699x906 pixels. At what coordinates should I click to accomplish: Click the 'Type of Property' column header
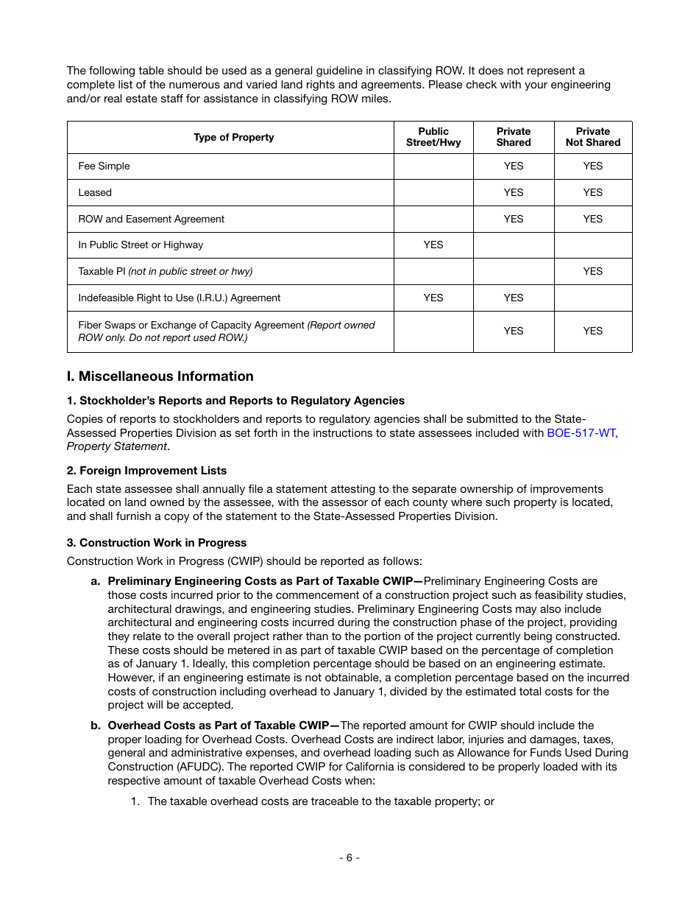pos(233,137)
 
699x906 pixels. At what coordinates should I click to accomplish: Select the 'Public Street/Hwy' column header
pos(433,137)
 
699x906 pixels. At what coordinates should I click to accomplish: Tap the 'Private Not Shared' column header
pos(592,137)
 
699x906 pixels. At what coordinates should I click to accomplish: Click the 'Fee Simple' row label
pos(104,166)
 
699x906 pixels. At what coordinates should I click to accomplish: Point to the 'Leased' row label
pos(95,193)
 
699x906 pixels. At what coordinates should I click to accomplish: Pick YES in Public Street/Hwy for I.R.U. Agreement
pos(433,298)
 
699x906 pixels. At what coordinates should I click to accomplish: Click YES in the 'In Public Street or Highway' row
pos(433,245)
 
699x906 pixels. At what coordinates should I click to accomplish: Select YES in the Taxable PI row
pos(592,272)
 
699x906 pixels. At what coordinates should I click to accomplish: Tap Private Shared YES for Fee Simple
pos(513,166)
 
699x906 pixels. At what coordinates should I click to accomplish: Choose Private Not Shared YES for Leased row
pos(592,193)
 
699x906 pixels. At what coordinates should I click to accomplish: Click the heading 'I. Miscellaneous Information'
pos(160,376)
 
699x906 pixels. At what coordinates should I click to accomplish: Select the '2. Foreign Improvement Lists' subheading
pos(146,471)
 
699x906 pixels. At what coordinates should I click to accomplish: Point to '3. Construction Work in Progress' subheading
pos(156,543)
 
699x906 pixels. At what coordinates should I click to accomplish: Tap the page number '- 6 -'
pos(349,857)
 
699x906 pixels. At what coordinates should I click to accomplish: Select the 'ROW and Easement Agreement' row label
pos(151,220)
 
